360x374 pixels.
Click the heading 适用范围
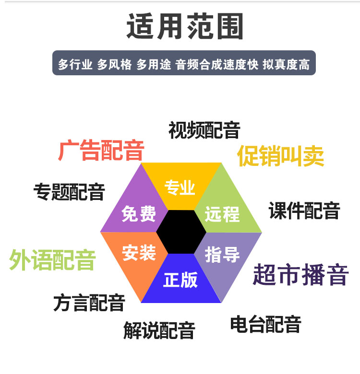click(185, 26)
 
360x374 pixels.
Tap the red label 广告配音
click(101, 151)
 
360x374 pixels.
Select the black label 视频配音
click(204, 130)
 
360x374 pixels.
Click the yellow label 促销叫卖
click(281, 156)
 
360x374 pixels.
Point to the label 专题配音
click(69, 192)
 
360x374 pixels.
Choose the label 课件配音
click(304, 210)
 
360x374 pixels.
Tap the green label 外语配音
click(52, 260)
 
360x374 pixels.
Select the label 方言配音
click(89, 303)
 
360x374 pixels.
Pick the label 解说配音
click(159, 330)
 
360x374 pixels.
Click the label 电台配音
click(265, 325)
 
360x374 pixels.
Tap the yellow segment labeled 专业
click(180, 187)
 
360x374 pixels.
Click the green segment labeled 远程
click(223, 214)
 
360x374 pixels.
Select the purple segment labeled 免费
click(139, 214)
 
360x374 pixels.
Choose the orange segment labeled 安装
click(139, 253)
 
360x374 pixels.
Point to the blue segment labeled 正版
click(180, 280)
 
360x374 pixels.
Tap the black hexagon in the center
click(181, 233)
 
